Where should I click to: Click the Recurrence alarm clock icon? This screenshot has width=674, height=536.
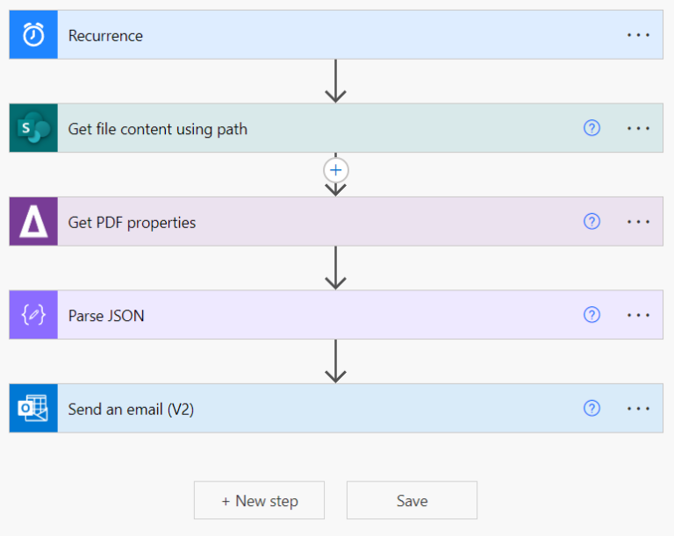tap(33, 35)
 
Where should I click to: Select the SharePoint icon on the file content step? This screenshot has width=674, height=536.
tap(33, 128)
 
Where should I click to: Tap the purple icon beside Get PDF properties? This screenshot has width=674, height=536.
tap(33, 222)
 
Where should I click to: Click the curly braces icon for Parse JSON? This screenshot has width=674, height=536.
tap(33, 315)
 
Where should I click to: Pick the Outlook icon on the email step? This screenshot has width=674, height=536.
tap(33, 408)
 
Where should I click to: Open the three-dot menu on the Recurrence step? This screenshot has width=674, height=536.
tap(638, 35)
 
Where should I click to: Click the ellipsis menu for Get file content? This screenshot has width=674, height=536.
tap(638, 128)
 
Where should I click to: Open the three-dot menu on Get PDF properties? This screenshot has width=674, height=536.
tap(638, 222)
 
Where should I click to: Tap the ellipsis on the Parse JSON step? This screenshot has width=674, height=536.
tap(638, 315)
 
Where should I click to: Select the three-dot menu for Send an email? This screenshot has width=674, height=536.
tap(638, 408)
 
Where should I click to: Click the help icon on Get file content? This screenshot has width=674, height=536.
tap(592, 128)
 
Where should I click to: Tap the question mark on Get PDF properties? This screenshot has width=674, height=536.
tap(592, 222)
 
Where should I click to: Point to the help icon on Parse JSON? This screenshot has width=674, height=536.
tap(592, 315)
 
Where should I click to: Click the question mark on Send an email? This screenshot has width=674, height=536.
tap(592, 408)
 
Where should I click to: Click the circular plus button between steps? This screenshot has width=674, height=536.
tap(335, 169)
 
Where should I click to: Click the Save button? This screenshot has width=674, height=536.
tap(412, 501)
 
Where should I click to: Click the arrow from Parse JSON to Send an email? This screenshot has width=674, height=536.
tap(335, 361)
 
